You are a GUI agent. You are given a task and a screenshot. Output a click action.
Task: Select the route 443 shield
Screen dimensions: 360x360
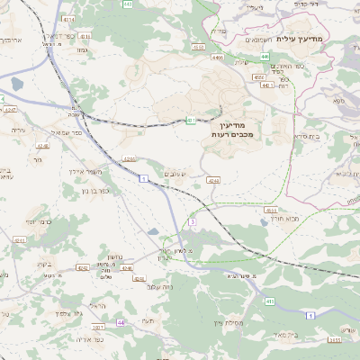127,4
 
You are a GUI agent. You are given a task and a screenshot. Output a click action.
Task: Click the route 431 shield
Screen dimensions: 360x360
191,120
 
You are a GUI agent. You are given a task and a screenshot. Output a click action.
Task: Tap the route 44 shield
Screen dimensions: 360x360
121,322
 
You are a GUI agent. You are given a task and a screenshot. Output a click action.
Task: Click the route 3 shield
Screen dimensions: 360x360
192,221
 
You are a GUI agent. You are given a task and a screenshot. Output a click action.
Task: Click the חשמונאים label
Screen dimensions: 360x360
273,40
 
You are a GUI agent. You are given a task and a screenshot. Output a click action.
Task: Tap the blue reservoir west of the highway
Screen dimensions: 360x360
16,86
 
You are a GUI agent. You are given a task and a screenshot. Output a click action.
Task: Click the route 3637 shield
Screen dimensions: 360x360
334,339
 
